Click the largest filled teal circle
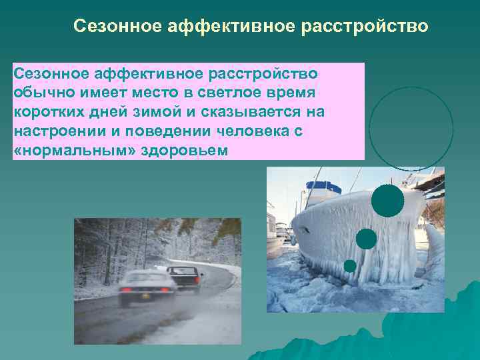(387, 201)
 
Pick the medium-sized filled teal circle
(366, 239)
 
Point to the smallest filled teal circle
(350, 265)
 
